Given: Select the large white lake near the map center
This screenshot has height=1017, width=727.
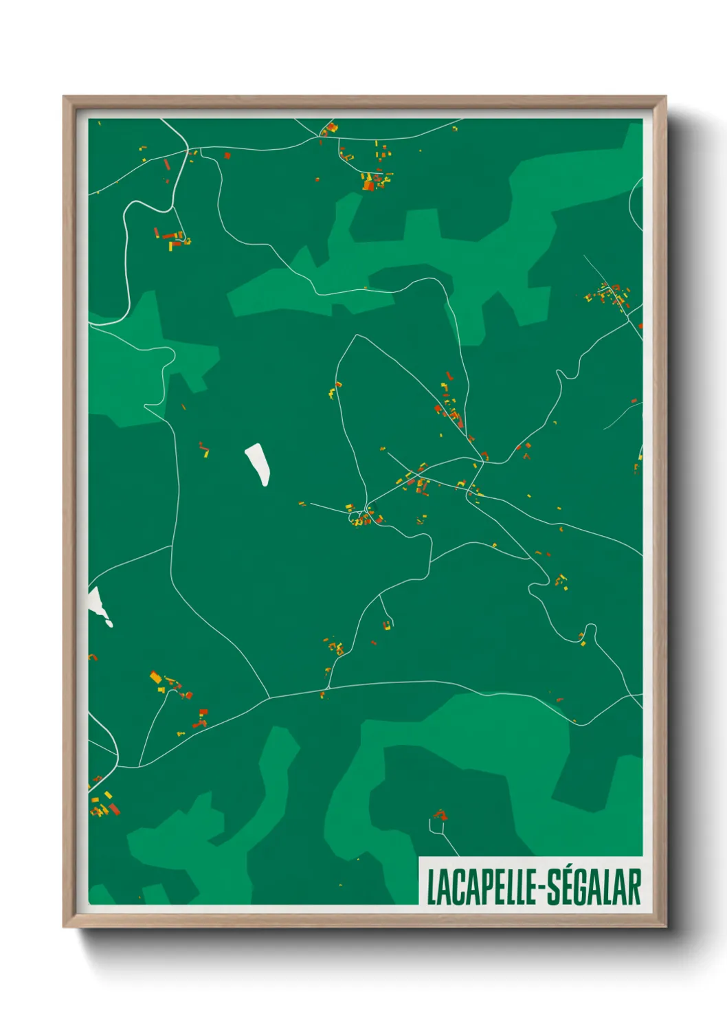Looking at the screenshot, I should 258,464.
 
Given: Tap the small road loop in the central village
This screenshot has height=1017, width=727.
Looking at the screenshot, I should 355,515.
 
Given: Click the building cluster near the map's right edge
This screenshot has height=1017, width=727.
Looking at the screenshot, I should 608,295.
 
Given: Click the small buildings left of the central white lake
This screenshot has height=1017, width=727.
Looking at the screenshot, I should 203,449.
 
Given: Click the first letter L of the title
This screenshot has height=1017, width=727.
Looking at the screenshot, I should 432,888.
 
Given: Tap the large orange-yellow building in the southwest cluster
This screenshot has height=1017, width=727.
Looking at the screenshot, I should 156,678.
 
